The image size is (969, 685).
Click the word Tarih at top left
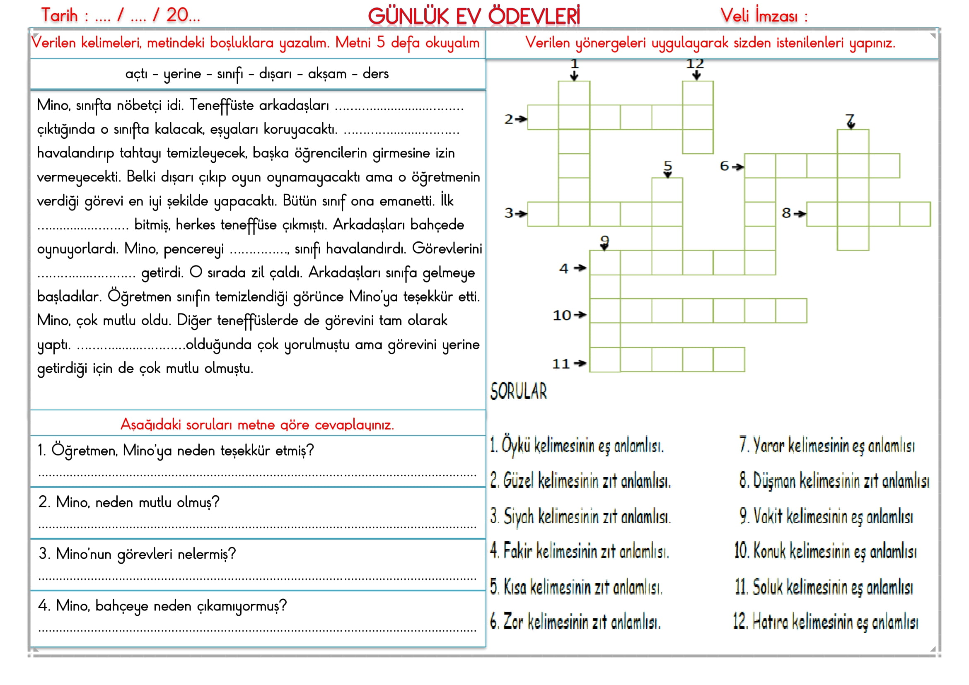click(60, 16)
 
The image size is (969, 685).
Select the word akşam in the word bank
click(327, 74)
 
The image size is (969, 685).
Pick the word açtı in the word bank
click(136, 74)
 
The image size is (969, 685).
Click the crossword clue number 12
click(695, 64)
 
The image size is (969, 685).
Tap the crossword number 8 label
click(786, 213)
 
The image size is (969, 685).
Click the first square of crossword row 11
click(605, 359)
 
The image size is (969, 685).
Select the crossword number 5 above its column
click(667, 165)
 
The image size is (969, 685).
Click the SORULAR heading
click(518, 391)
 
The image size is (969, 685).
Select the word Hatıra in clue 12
click(770, 622)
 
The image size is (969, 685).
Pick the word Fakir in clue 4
click(517, 551)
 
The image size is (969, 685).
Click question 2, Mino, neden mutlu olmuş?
click(129, 502)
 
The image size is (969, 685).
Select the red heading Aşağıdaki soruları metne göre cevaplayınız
click(257, 425)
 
